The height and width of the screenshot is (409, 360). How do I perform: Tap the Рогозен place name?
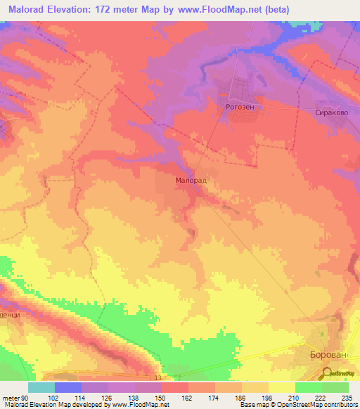(x=240, y=108)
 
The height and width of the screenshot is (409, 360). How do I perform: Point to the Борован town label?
(x=329, y=356)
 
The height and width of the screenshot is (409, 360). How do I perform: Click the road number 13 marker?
(x=158, y=378)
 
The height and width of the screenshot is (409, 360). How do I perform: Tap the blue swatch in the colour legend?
(x=67, y=387)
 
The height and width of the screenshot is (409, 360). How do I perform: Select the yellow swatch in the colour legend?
(x=281, y=387)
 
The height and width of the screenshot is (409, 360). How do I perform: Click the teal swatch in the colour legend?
(x=41, y=387)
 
